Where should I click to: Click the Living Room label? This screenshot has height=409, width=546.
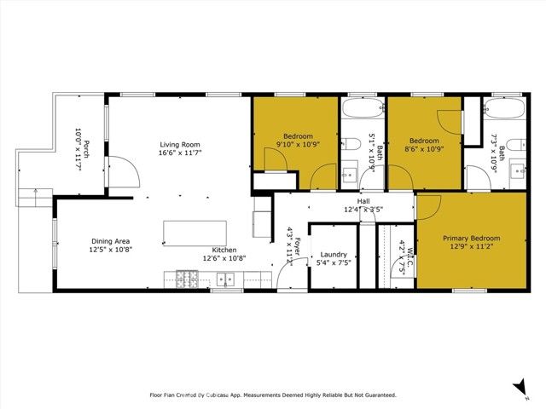(178, 144)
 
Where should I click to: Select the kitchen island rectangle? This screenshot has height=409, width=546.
(195, 232)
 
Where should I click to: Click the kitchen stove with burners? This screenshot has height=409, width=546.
(187, 278)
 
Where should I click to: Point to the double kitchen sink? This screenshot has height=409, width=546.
(226, 279)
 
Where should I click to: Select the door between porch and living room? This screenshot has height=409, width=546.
(126, 170)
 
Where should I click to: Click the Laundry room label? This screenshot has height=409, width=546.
(333, 254)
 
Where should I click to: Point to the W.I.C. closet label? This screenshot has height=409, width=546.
(410, 256)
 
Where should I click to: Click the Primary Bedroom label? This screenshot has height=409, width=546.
(471, 239)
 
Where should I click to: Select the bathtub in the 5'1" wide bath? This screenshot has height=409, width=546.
(363, 110)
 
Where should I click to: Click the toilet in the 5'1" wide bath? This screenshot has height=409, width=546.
(351, 143)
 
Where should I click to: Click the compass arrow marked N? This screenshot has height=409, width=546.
(520, 388)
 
